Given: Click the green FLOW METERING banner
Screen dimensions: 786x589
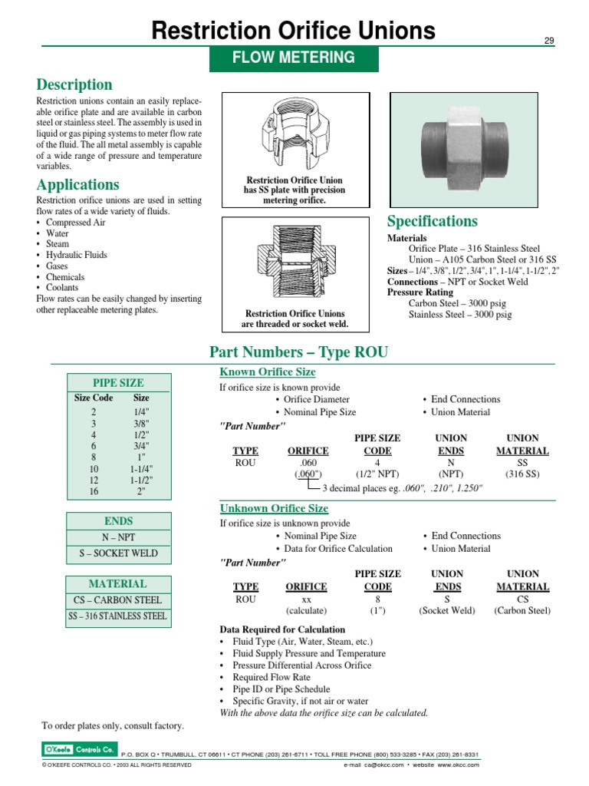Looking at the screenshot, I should tap(294, 58).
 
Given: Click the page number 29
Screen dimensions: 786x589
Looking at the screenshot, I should tap(549, 40).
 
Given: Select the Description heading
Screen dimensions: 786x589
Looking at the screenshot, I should tap(74, 84).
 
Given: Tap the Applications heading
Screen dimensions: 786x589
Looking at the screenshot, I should tap(78, 184).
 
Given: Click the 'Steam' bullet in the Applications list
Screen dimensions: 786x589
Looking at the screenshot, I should tap(58, 244).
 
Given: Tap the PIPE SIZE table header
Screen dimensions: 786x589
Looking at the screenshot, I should tap(118, 382).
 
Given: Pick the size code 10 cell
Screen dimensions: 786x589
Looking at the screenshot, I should tap(94, 468).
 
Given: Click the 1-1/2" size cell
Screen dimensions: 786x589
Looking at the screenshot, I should tap(141, 480).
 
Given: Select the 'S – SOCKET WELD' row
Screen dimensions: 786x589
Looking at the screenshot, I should tap(118, 553).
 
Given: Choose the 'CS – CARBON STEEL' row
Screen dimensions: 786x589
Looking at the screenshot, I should tap(118, 599).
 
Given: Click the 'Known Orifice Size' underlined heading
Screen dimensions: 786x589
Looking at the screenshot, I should tap(268, 372).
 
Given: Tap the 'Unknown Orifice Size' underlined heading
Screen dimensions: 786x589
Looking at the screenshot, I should tap(274, 509).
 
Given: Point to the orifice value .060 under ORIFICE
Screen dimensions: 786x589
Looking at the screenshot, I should tap(308, 463).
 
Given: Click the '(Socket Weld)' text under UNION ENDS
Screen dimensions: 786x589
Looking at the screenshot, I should tap(446, 611).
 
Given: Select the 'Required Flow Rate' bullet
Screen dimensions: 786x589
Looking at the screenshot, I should tap(271, 678).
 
